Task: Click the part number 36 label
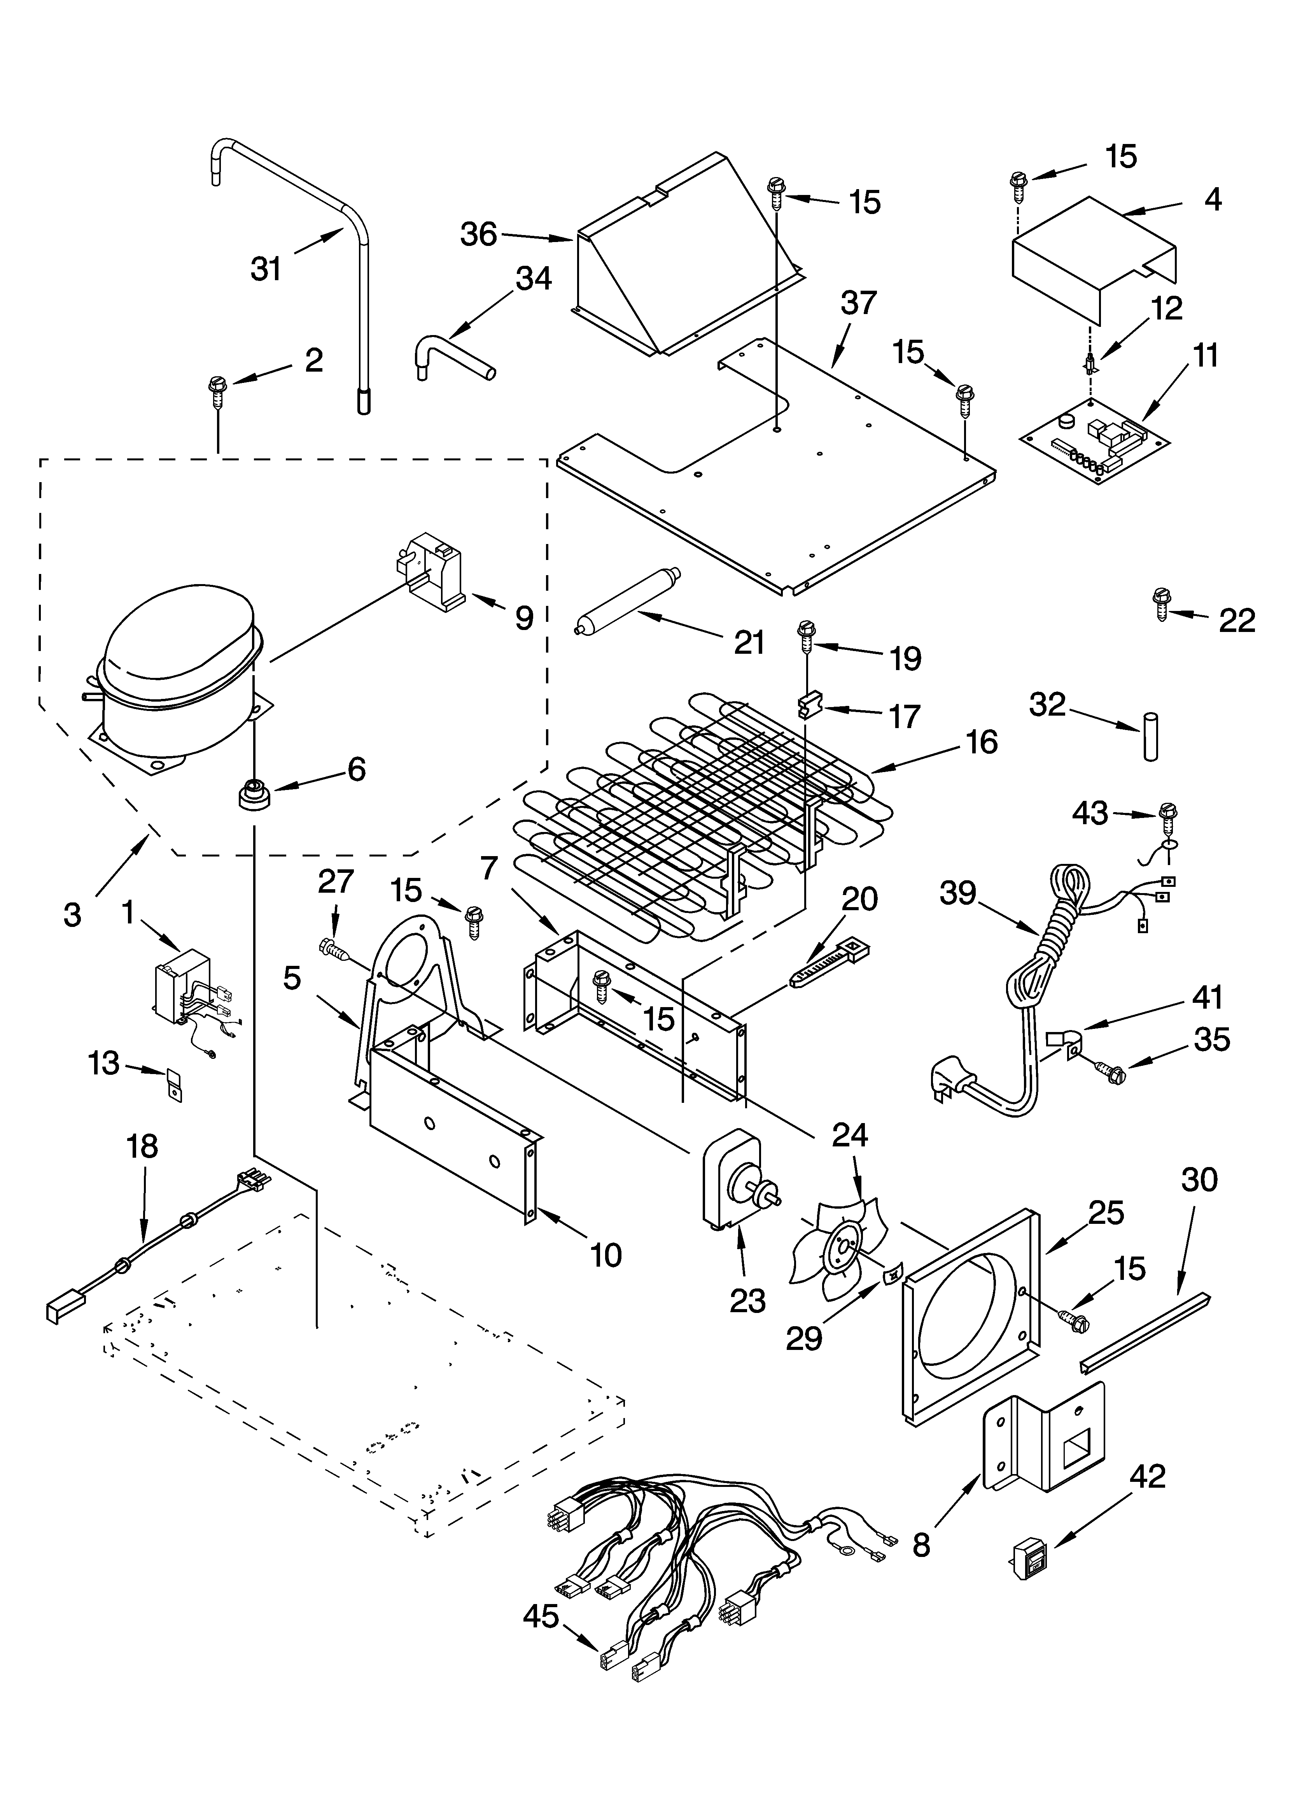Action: pos(478,235)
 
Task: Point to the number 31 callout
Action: pos(266,269)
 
